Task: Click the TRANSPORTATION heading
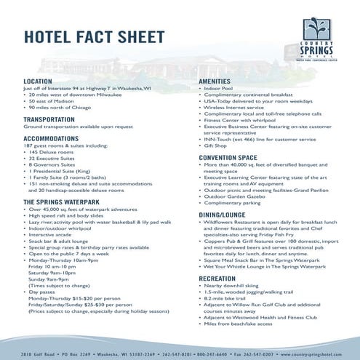pyautogui.click(x=55, y=119)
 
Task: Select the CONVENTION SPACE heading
pyautogui.click(x=228, y=156)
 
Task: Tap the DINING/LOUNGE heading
pyautogui.click(x=225, y=216)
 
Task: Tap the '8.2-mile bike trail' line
pyautogui.click(x=228, y=298)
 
